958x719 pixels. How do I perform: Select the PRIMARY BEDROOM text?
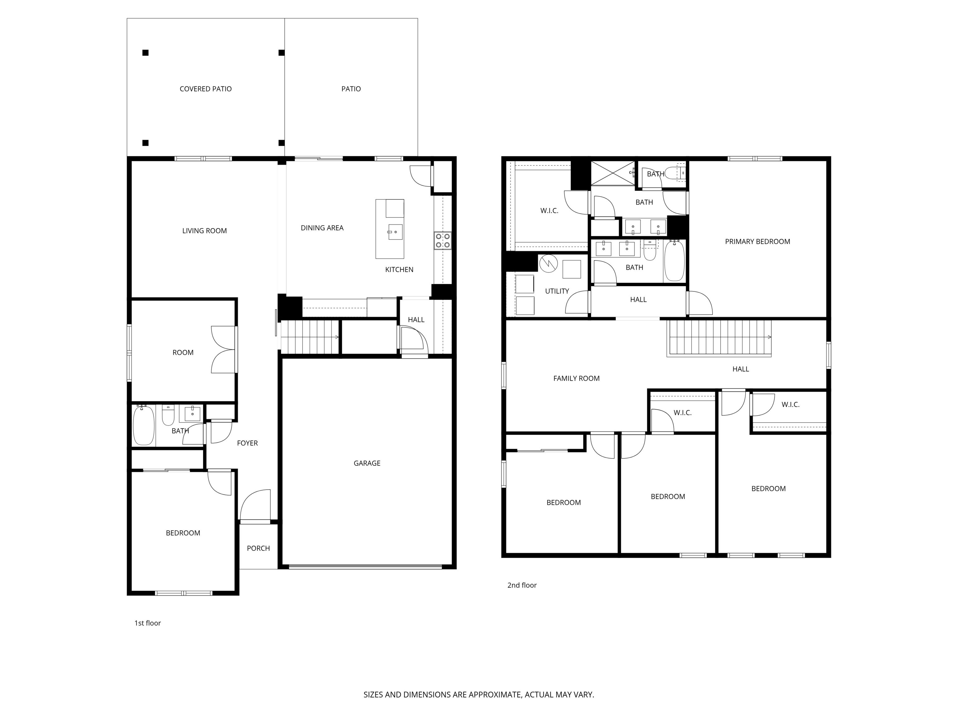pos(757,242)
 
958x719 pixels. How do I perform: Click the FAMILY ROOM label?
pos(576,378)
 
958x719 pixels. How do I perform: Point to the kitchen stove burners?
pos(442,241)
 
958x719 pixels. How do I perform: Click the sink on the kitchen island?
pos(395,232)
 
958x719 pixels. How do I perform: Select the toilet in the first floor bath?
pos(168,416)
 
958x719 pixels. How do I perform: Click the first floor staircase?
pos(309,337)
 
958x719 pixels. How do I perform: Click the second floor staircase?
pos(719,337)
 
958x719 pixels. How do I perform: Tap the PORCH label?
pos(258,548)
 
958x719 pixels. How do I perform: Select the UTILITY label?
pos(557,291)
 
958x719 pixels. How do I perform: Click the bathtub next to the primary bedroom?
pos(674,261)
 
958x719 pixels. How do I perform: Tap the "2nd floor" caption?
pos(521,585)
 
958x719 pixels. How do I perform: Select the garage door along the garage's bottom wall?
pos(365,566)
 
